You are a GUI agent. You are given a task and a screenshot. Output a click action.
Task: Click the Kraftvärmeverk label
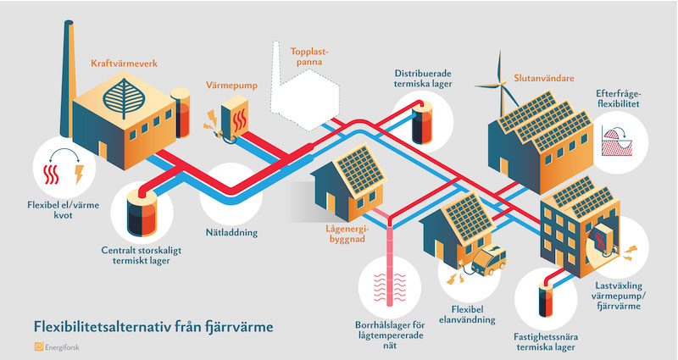coord(124,63)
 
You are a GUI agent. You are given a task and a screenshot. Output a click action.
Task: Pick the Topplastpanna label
coord(312,56)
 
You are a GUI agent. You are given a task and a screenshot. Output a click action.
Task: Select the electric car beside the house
coord(490,259)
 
